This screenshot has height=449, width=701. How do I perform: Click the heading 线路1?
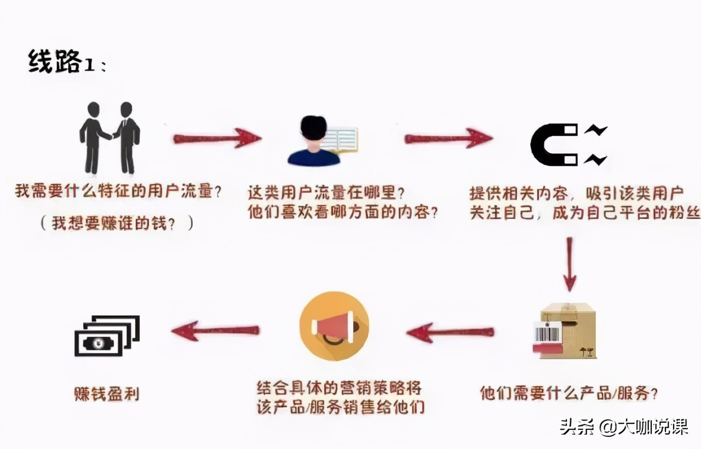click(x=66, y=62)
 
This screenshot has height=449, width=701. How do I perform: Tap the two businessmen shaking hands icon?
click(x=110, y=137)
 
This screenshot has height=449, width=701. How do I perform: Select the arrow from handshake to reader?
click(x=217, y=137)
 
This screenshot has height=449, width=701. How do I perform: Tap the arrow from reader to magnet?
click(x=448, y=137)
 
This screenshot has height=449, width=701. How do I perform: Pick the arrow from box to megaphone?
click(x=450, y=332)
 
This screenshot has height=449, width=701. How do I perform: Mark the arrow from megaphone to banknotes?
click(x=215, y=330)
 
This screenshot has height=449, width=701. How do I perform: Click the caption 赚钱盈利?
click(x=106, y=394)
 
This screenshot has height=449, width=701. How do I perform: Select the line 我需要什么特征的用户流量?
click(x=118, y=192)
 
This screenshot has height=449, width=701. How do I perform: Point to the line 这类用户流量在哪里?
click(x=326, y=193)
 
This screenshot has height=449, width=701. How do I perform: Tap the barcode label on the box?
click(x=547, y=332)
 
